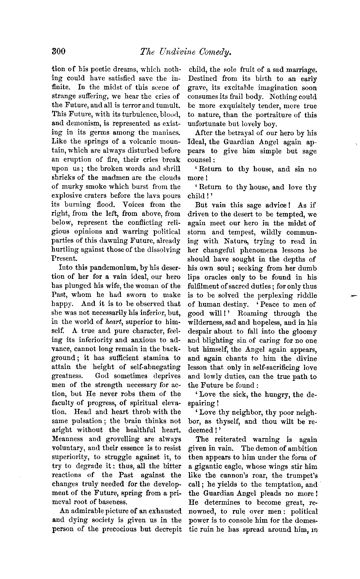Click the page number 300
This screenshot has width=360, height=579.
click(x=59, y=52)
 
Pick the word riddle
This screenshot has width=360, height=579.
click(x=306, y=295)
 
